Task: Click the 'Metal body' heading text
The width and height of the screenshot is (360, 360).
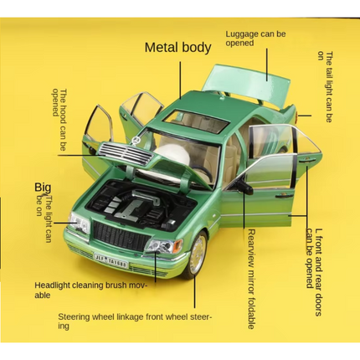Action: (x=178, y=47)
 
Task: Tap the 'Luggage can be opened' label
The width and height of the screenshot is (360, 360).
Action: (x=256, y=42)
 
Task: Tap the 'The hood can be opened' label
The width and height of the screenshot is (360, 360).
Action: (x=59, y=121)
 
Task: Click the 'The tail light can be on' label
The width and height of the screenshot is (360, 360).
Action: (x=326, y=83)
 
